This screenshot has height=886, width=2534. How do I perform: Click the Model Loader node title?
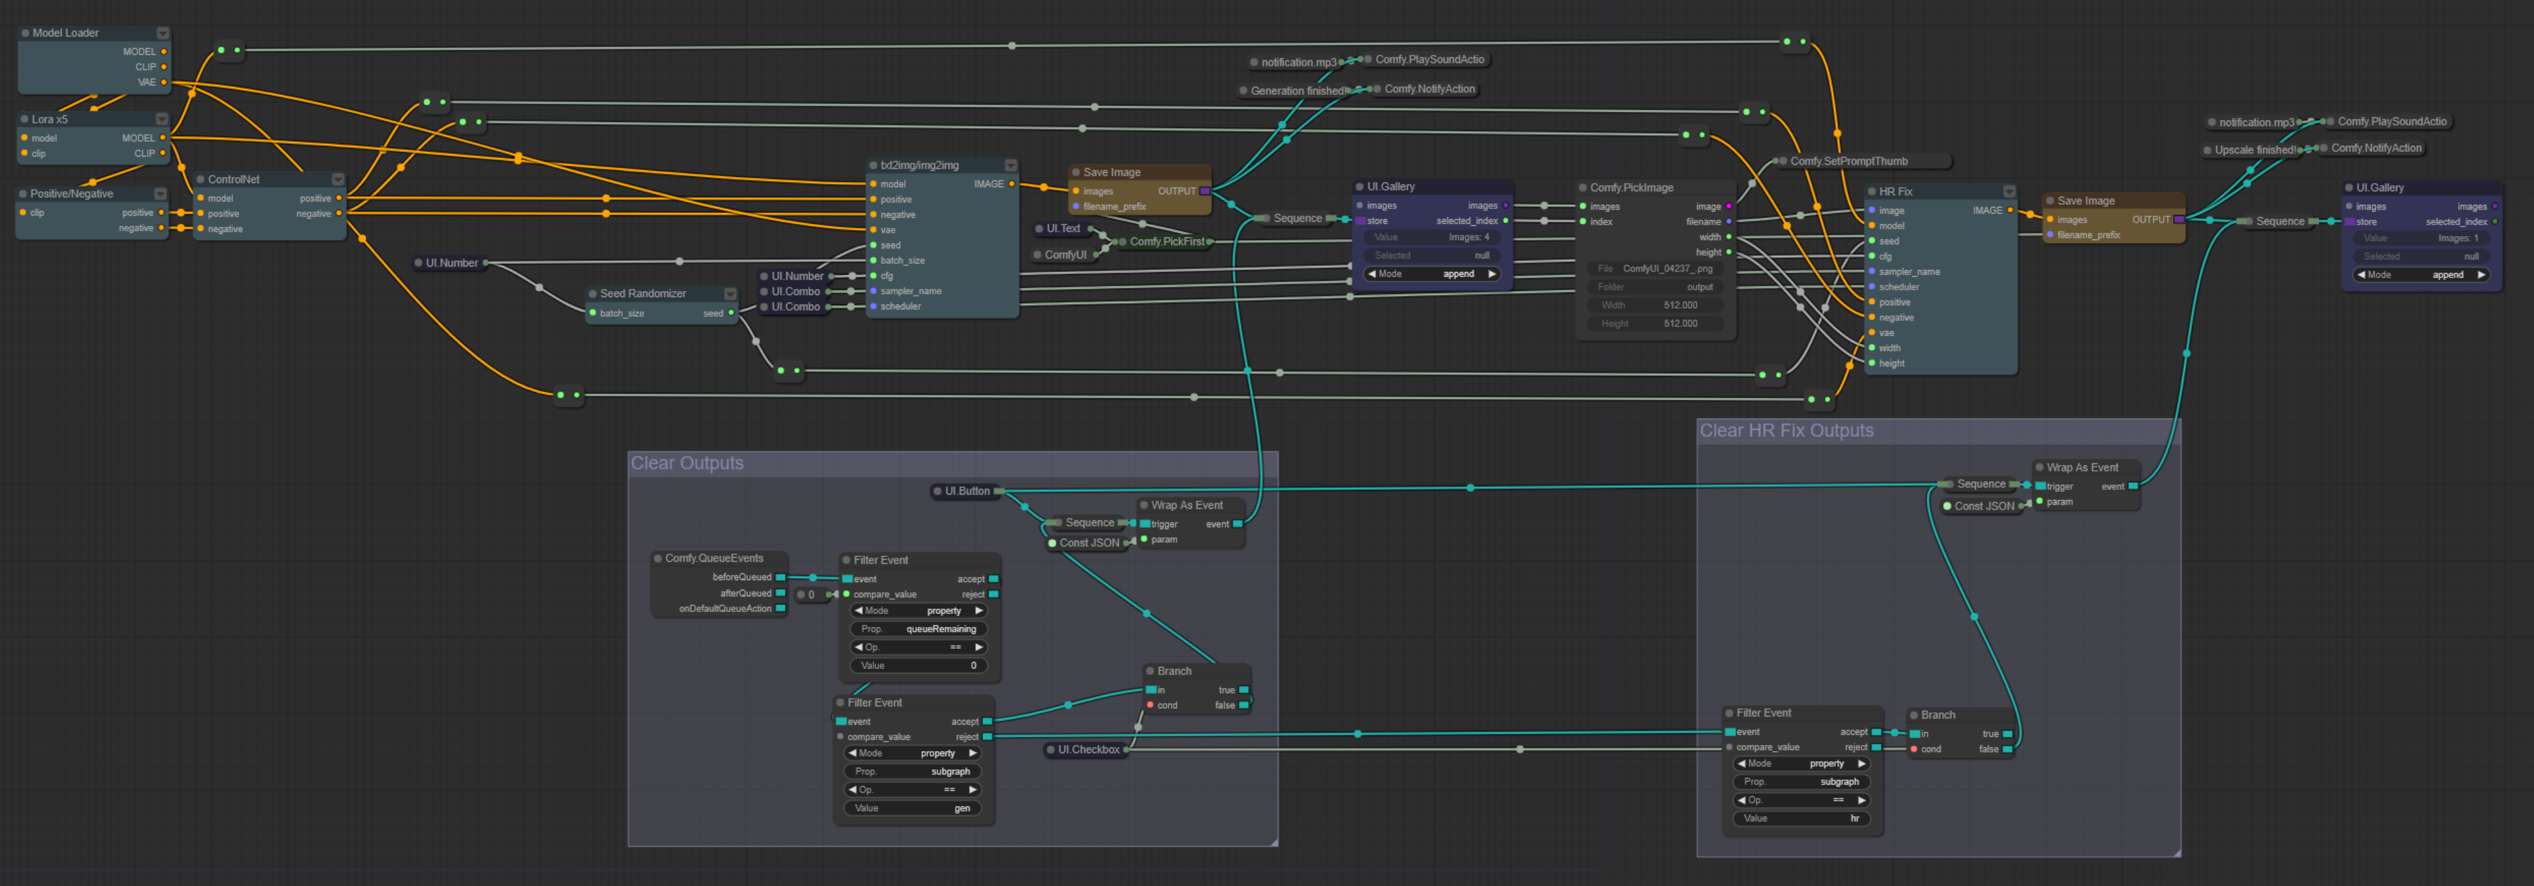(x=66, y=33)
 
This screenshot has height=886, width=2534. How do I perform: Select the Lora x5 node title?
(x=50, y=119)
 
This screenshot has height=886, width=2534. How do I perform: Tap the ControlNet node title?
(x=234, y=180)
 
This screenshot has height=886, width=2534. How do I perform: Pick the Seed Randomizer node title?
(x=642, y=294)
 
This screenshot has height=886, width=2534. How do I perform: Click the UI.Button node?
(x=967, y=490)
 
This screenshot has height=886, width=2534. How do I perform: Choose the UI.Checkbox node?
(x=1088, y=750)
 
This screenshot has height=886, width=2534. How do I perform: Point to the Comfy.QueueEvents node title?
(x=713, y=558)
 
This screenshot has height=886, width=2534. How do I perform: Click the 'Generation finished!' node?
(x=1296, y=90)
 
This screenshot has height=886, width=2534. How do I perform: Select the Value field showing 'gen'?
(x=912, y=808)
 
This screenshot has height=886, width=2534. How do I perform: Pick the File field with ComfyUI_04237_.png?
(x=1655, y=269)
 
